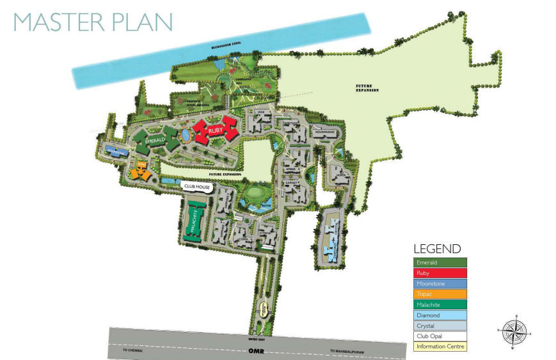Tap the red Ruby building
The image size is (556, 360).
216,131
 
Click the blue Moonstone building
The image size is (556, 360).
117,152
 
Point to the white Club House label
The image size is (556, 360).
197,186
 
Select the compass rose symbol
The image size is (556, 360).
513,330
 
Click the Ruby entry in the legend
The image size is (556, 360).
440,273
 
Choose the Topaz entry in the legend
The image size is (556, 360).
440,294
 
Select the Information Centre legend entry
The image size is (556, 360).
440,347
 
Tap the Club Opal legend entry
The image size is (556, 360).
440,336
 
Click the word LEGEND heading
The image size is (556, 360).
437,249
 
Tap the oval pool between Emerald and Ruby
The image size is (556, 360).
186,135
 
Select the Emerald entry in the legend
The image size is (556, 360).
440,262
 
